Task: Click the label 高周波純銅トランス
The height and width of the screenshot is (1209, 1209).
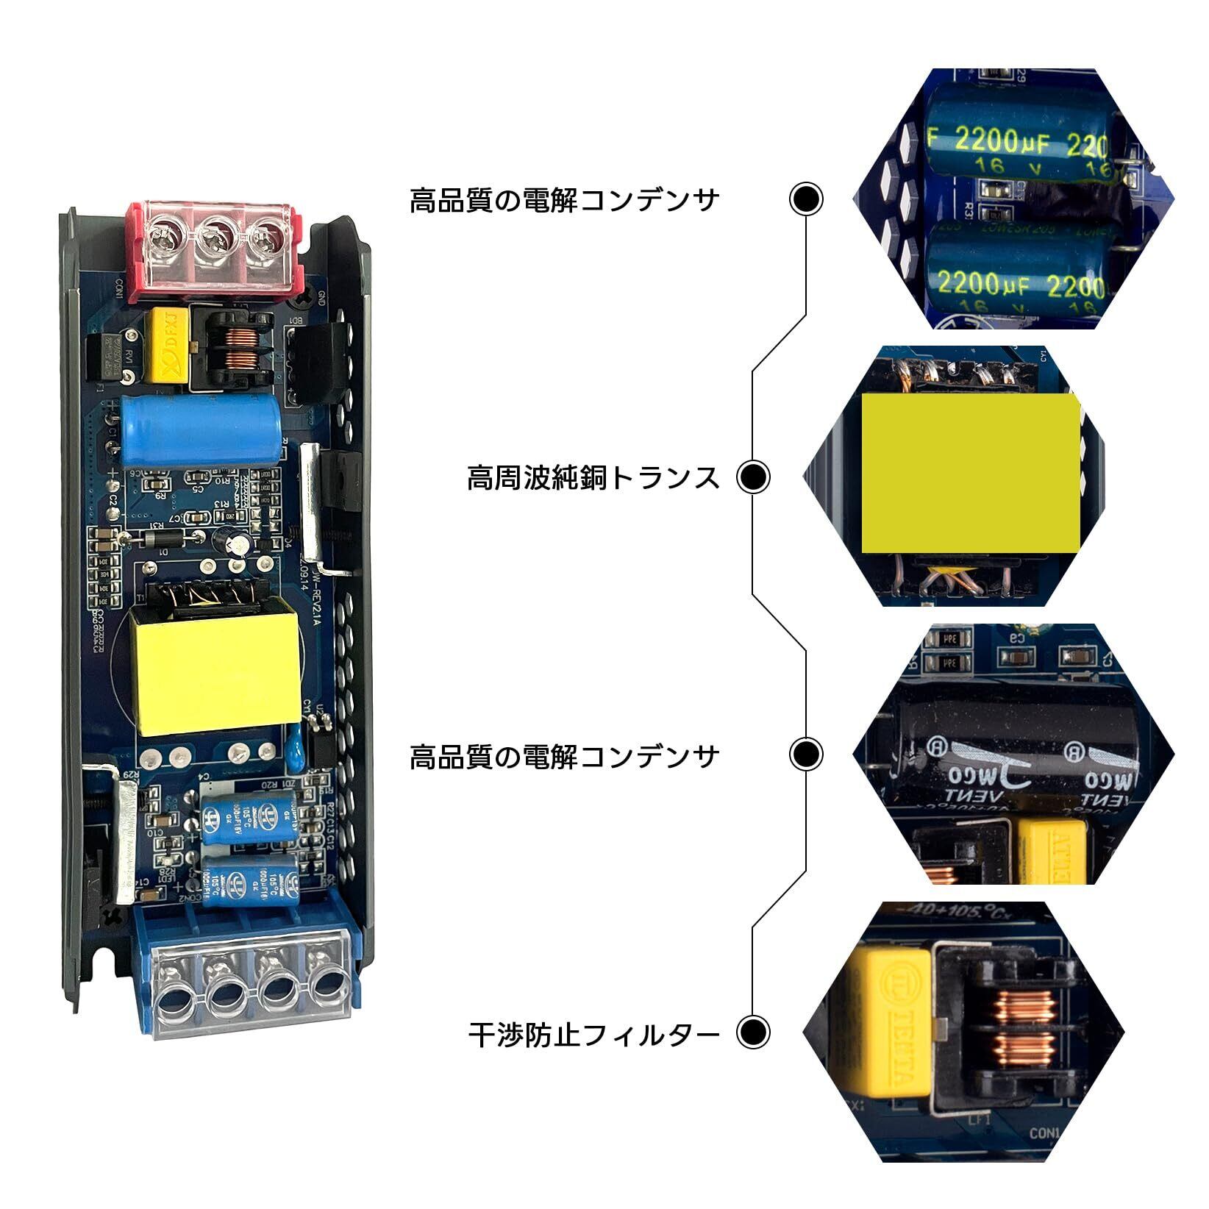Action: click(593, 477)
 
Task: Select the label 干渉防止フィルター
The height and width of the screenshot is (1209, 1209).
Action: click(593, 1035)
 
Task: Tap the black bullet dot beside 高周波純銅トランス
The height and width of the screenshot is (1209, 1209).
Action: click(753, 477)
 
